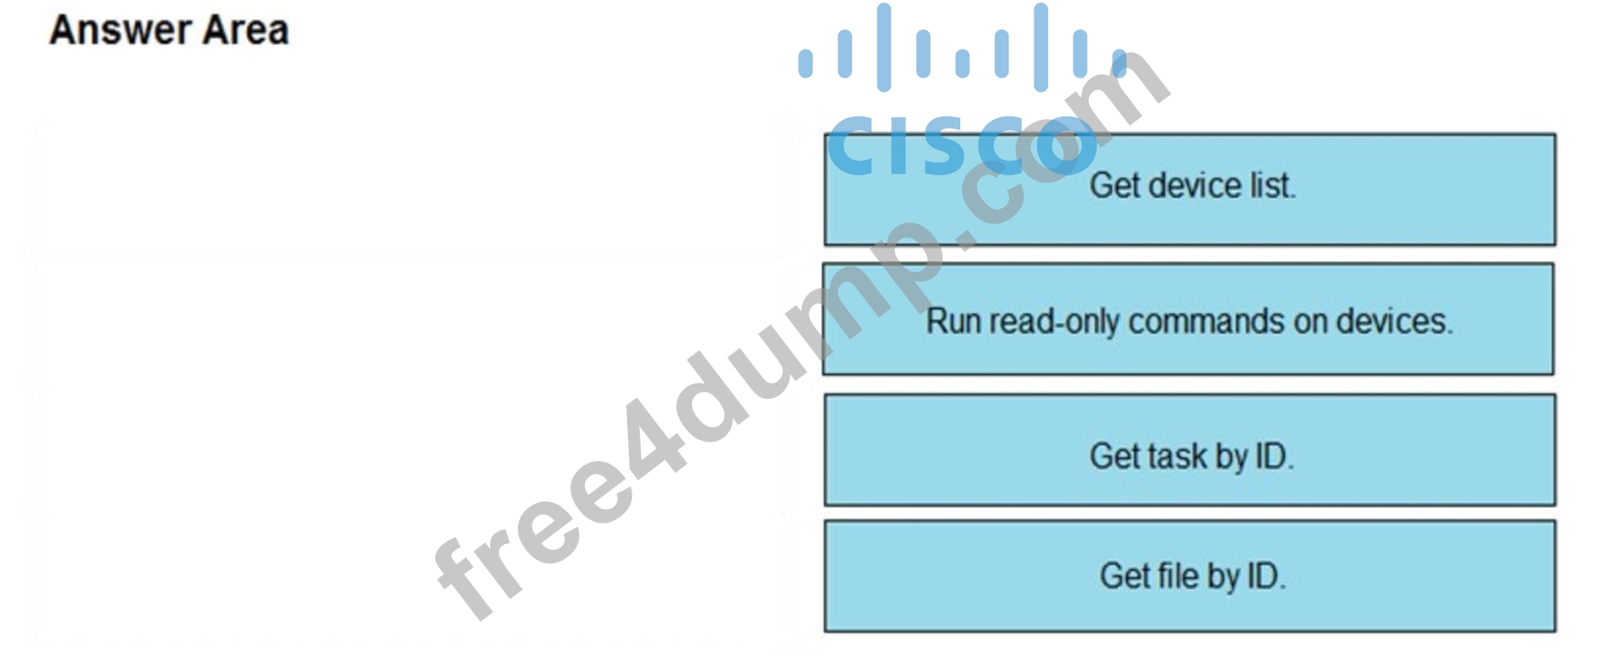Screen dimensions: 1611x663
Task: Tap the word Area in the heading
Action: pos(247,30)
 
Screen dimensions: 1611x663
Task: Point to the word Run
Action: pos(953,321)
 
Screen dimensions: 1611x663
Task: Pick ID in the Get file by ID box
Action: pos(1266,576)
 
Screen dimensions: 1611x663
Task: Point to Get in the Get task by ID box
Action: pos(1115,456)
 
